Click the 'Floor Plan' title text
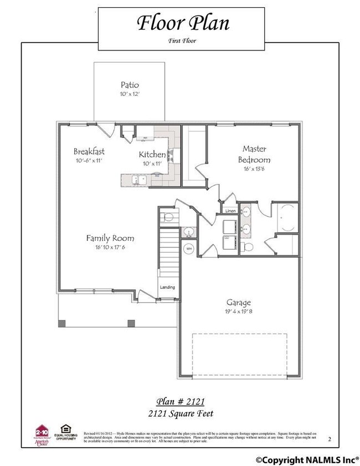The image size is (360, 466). point(182,24)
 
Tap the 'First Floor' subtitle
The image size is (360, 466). point(182,40)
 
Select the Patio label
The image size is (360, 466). point(130,85)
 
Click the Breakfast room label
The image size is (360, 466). point(89,151)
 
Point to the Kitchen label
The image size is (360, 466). point(152,154)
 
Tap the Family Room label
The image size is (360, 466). point(110,238)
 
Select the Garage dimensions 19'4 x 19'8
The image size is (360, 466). point(238,312)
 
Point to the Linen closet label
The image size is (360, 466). point(230,211)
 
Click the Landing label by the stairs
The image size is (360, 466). point(167,287)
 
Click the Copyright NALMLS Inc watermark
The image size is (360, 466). point(306,459)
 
